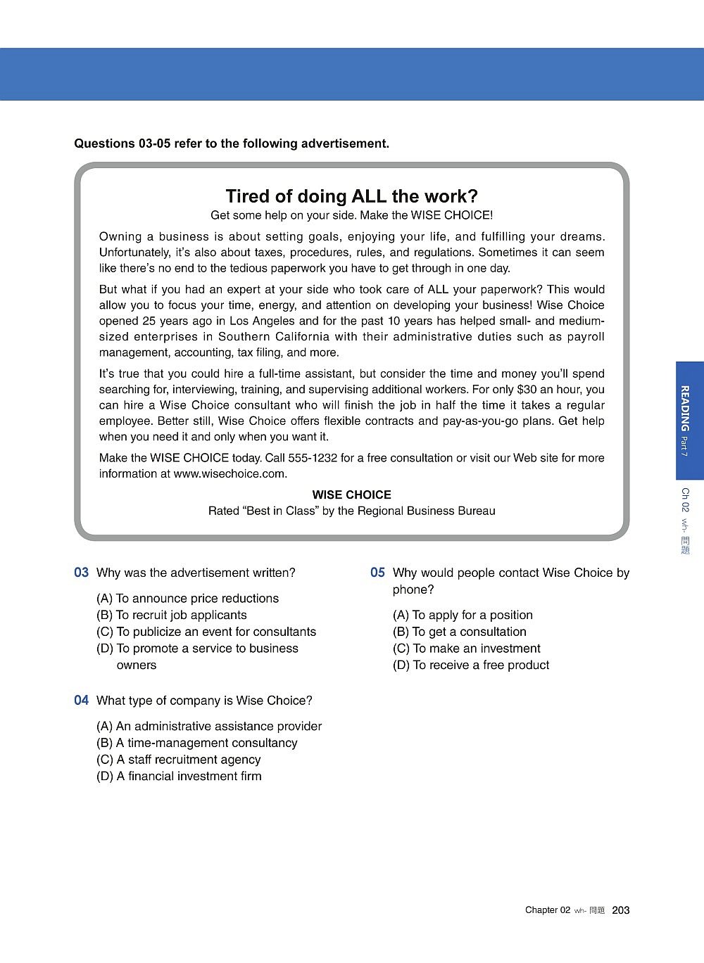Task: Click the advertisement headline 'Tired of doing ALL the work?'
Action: click(351, 196)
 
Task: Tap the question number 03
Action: click(82, 573)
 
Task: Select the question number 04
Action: click(82, 701)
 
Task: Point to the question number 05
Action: click(378, 573)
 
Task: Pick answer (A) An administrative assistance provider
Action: click(209, 726)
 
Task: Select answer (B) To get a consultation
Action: click(459, 632)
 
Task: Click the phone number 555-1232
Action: click(312, 458)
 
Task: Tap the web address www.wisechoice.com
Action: click(229, 473)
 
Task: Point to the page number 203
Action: click(621, 910)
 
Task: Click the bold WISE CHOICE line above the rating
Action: click(351, 495)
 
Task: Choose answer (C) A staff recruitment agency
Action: click(179, 760)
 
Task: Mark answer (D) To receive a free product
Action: click(471, 665)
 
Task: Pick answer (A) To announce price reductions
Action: click(187, 599)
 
